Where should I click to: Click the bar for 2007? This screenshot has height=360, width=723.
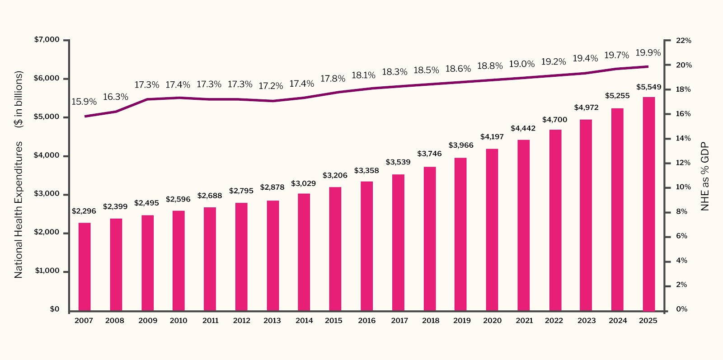pos(85,267)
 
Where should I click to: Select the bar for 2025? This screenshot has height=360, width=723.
pos(649,204)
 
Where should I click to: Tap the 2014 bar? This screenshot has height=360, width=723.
pos(304,252)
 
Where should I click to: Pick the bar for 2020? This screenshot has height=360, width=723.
pos(492,230)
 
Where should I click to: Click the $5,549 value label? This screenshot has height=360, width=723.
pos(648,87)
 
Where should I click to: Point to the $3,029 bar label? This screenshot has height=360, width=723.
pos(303,183)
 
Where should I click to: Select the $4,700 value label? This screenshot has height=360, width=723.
pos(554,120)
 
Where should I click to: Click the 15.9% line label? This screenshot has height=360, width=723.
pos(84,102)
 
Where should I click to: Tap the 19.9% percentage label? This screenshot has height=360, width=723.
pos(648,53)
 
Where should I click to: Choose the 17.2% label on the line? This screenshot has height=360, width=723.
pos(271,86)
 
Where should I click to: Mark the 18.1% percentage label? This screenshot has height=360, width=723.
pos(364,75)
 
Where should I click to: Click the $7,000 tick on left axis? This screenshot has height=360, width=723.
pos(47,40)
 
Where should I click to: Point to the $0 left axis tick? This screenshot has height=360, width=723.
pos(54,309)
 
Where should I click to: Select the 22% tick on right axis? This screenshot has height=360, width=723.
pos(683,41)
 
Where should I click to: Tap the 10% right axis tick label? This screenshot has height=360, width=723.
pos(683,187)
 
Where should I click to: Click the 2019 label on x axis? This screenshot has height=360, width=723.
pos(462,321)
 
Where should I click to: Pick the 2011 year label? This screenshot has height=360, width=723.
pos(210,321)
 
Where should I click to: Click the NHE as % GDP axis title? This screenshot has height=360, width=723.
pos(705,177)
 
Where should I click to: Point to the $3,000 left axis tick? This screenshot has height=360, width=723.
pos(47,194)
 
